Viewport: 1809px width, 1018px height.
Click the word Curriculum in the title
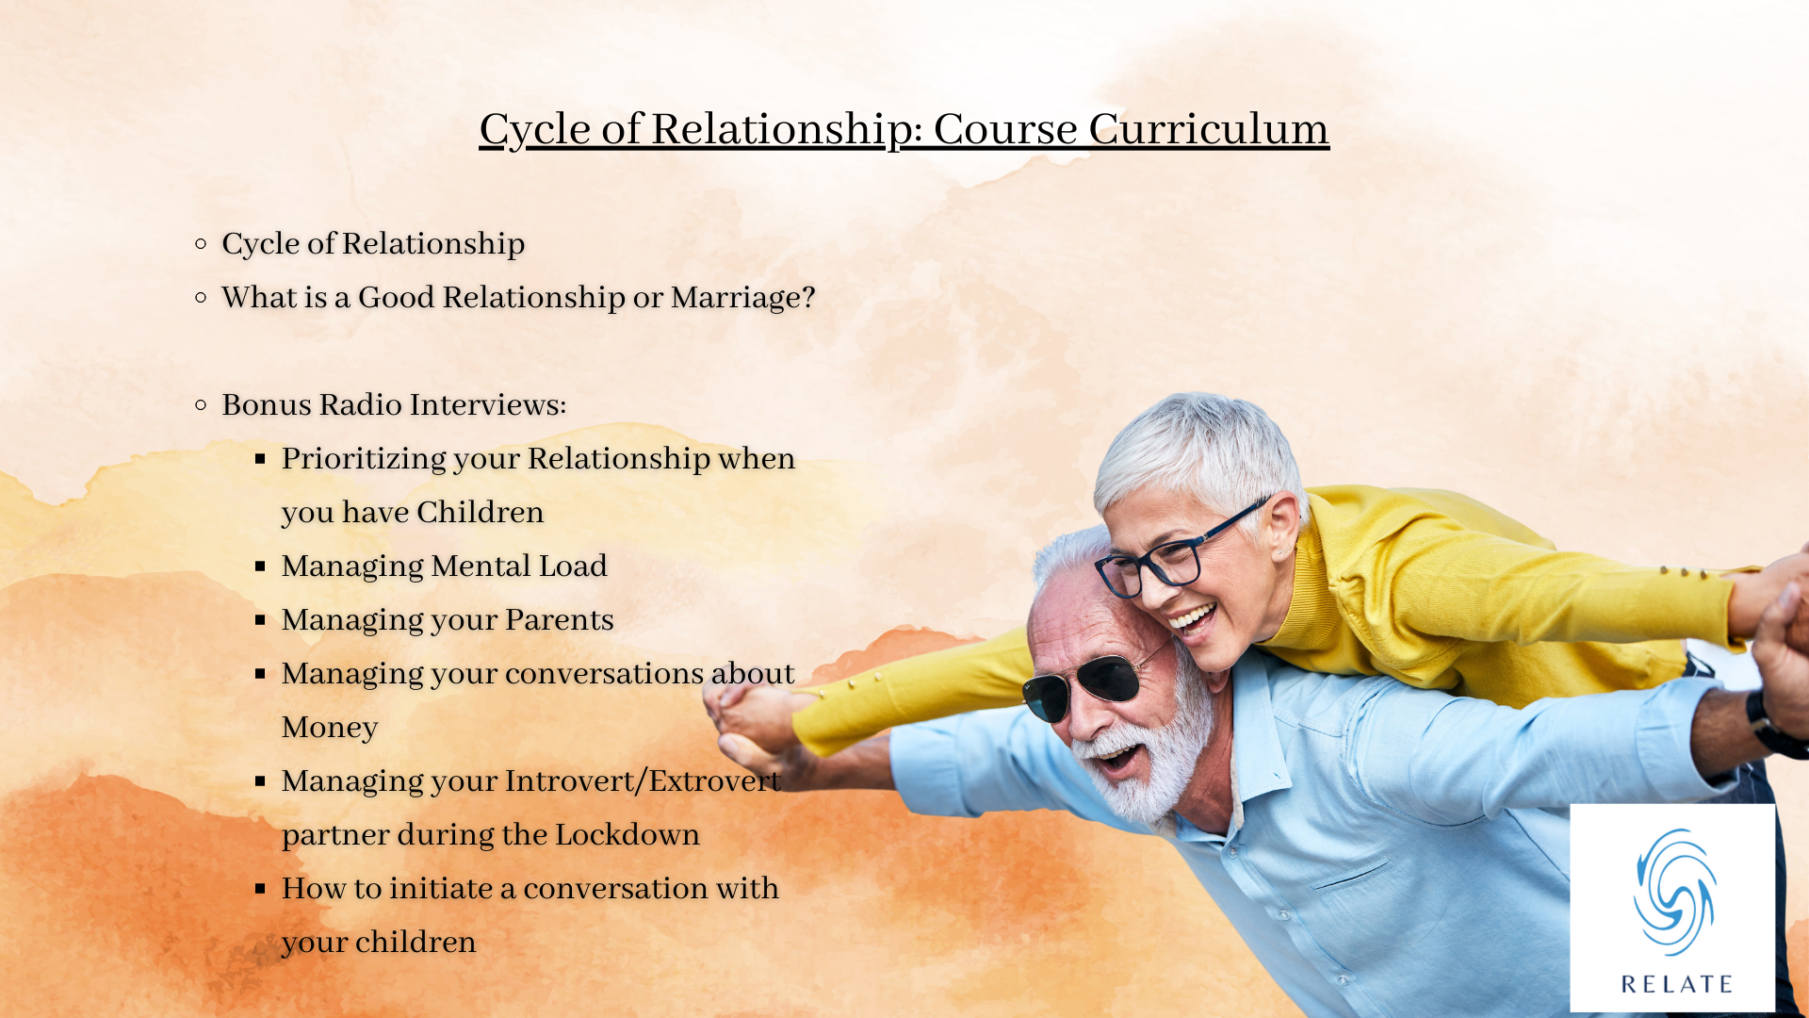pos(1209,129)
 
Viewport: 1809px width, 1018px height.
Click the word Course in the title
pos(1005,129)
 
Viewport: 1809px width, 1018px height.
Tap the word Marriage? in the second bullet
pos(742,298)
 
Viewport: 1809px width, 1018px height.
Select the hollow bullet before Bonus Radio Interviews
pos(201,405)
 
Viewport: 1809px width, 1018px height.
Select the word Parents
pos(559,620)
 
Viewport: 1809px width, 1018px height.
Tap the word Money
pos(330,729)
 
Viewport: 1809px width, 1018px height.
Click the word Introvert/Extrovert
pos(643,781)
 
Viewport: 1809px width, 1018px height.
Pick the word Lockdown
pos(627,835)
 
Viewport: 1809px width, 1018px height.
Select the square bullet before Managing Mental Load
pos(260,566)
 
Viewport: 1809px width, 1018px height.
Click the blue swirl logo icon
pos(1674,892)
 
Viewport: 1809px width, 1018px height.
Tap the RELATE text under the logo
pos(1677,985)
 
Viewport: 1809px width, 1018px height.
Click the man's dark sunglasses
pos(1095,683)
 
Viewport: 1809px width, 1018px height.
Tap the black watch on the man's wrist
pos(1771,726)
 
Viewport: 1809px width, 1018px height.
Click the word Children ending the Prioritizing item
pos(481,513)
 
